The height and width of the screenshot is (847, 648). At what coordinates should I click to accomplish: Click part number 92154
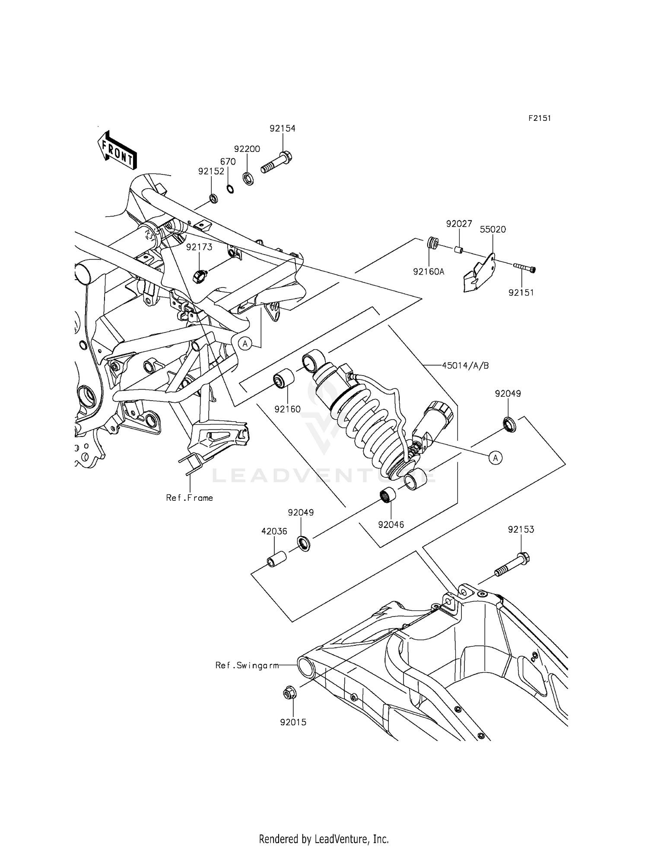[283, 129]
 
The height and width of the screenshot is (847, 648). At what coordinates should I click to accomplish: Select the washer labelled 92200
[248, 178]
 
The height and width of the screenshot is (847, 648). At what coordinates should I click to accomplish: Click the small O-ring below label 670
[230, 189]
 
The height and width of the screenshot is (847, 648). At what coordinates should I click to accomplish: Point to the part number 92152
[211, 171]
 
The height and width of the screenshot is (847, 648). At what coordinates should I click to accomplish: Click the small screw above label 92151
[524, 268]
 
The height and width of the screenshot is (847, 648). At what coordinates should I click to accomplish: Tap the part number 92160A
[428, 272]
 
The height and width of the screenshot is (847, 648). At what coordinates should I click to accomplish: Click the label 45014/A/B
[465, 366]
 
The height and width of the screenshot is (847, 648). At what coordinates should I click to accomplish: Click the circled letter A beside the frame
[245, 344]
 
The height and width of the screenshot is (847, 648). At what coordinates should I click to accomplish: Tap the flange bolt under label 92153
[511, 568]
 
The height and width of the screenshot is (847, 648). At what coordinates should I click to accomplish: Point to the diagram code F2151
[540, 118]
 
